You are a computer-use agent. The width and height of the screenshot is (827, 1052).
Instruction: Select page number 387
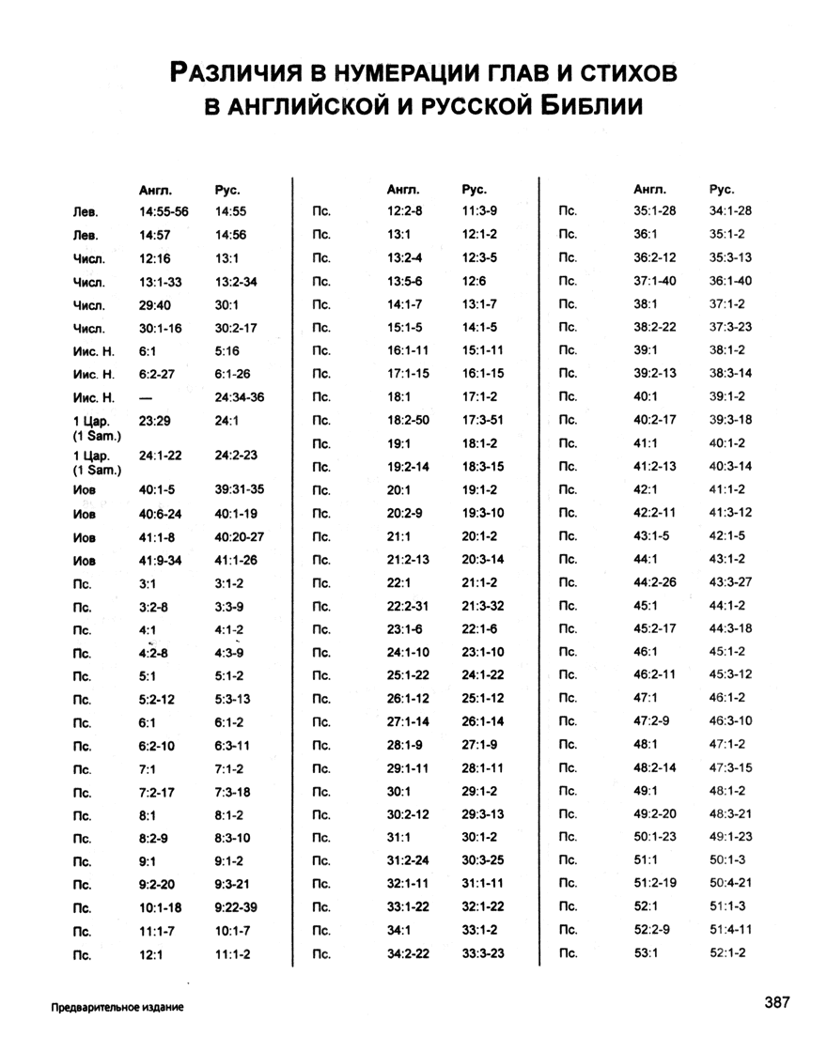click(777, 1002)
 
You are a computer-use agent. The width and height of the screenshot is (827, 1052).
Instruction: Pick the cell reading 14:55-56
click(164, 212)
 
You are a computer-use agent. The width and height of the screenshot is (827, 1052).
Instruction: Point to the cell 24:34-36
click(240, 397)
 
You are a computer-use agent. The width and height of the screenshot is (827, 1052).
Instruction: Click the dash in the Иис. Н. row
click(146, 397)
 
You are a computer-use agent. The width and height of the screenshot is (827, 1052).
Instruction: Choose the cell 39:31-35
click(240, 489)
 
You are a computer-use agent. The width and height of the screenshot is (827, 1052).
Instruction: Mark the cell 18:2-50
click(408, 420)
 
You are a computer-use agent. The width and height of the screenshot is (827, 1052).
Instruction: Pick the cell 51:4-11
click(730, 930)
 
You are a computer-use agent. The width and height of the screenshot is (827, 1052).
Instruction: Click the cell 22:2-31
click(408, 606)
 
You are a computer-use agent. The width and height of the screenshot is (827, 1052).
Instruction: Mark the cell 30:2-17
click(236, 328)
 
